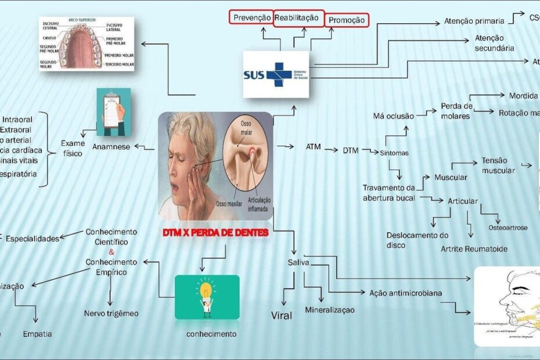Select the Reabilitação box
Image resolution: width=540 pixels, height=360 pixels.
click(296, 18)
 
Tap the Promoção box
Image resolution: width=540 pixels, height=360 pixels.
click(347, 20)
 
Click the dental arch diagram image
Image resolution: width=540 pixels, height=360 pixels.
click(87, 44)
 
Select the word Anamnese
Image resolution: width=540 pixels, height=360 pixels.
click(111, 147)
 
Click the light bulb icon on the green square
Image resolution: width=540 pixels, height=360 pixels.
click(206, 297)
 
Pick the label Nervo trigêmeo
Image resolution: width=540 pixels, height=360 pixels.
click(111, 314)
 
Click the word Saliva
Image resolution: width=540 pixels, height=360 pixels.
click(298, 263)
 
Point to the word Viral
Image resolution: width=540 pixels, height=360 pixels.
click(282, 316)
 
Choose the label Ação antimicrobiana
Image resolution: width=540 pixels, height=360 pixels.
click(406, 293)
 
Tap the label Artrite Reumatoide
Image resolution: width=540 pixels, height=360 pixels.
click(474, 249)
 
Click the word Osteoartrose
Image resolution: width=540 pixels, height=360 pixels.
click(507, 228)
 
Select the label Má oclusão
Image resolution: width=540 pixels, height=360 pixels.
click(394, 116)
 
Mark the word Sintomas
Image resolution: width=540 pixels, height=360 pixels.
click(394, 153)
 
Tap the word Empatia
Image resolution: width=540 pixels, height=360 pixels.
click(37, 334)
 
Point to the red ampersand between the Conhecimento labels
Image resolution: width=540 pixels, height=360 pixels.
click(111, 252)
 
